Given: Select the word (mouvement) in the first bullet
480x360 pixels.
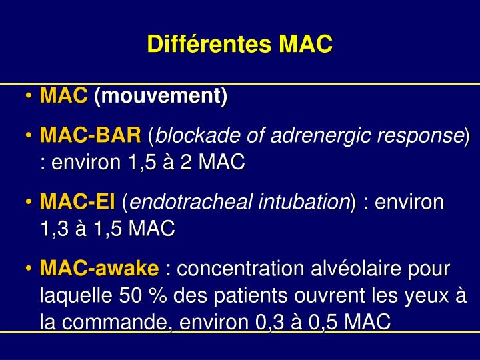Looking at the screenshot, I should (160, 97).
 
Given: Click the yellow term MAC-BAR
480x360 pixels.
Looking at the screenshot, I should (91, 137).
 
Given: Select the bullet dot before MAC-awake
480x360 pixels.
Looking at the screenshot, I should (30, 269).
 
